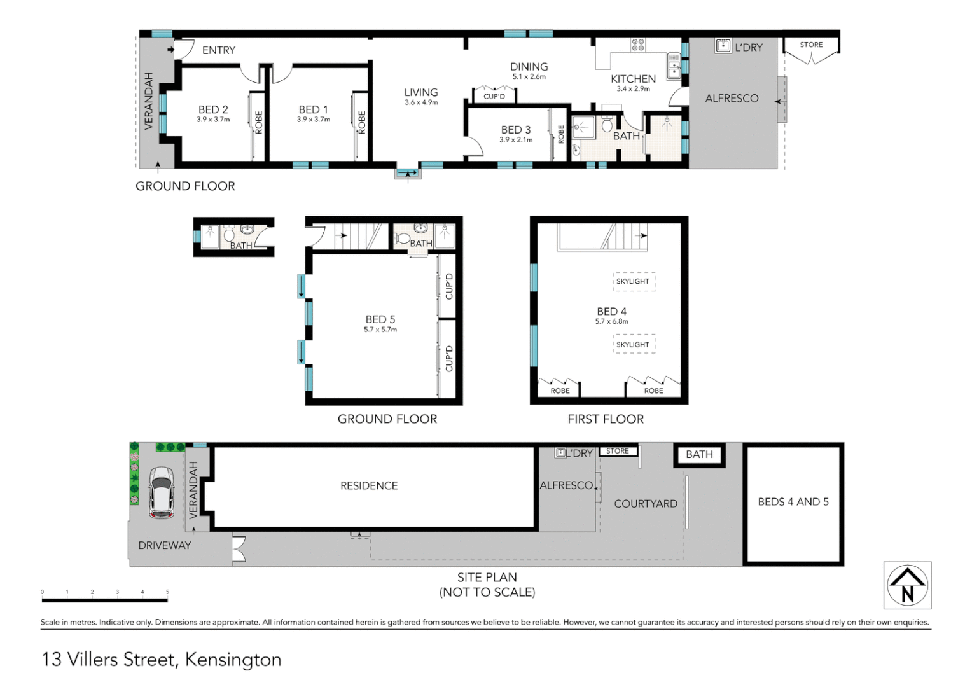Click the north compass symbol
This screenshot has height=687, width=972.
click(907, 585)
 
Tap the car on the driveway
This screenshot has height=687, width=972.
click(162, 493)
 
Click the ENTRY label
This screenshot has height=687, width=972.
click(218, 50)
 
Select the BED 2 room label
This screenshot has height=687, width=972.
click(213, 110)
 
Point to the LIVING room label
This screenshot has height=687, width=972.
click(421, 93)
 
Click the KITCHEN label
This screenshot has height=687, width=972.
click(633, 79)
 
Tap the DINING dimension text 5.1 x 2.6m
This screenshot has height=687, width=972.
click(529, 77)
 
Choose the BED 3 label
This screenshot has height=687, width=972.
click(515, 130)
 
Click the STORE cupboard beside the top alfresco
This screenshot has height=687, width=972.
click(811, 50)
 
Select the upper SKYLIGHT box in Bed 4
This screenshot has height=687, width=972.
click(633, 281)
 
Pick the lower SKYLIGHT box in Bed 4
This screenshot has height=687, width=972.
click(633, 344)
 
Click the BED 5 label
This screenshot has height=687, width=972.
click(380, 319)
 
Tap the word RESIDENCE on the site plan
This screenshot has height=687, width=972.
click(369, 486)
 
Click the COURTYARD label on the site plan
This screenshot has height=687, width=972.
click(645, 504)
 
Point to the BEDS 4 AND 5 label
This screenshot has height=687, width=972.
click(793, 502)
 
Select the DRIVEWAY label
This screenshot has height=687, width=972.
click(164, 545)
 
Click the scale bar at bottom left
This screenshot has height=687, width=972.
click(105, 599)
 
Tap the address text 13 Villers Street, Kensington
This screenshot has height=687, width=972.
click(162, 660)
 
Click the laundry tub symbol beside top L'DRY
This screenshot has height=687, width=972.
click(723, 46)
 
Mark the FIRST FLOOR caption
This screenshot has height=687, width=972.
click(606, 419)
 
